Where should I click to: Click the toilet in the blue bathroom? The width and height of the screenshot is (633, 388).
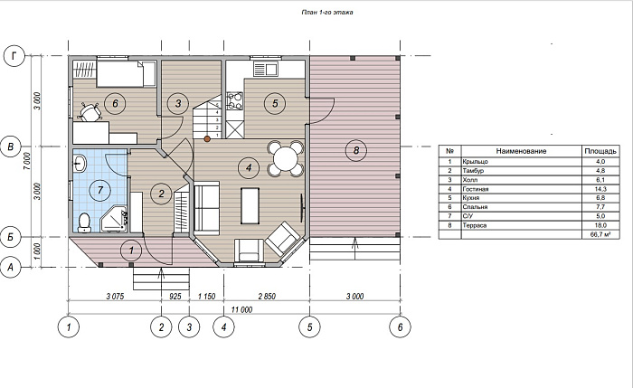[x=84, y=222]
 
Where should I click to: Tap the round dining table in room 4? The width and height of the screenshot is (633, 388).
[x=286, y=158]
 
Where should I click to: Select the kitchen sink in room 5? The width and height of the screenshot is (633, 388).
[x=266, y=69]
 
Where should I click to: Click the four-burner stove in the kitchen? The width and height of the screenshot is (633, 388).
[x=235, y=100]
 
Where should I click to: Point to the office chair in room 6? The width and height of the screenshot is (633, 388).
[x=90, y=111]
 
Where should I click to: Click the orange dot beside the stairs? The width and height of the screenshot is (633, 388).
[x=207, y=139]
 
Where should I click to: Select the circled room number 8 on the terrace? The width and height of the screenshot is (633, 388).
[x=356, y=151]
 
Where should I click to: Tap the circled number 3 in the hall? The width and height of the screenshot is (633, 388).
[x=178, y=103]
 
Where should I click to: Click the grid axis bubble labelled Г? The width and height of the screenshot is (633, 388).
[x=14, y=56]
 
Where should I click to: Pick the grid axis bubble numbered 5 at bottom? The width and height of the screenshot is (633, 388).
[x=309, y=326]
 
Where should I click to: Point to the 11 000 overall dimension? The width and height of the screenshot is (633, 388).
[x=241, y=309]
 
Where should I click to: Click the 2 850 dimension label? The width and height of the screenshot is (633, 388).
[x=267, y=297]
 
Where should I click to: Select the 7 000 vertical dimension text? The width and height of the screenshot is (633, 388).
[x=26, y=162]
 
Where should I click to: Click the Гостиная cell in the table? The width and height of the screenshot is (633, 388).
[x=476, y=189]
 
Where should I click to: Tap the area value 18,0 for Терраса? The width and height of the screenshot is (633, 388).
[x=600, y=225]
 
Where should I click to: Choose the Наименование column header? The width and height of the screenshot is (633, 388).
[x=521, y=151]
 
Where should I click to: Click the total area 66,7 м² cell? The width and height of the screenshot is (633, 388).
[x=600, y=234]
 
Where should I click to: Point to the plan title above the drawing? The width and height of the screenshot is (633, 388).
[x=327, y=12]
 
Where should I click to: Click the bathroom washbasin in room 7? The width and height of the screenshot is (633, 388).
[x=80, y=164]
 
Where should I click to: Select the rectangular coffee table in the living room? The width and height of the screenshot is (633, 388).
[x=250, y=205]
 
